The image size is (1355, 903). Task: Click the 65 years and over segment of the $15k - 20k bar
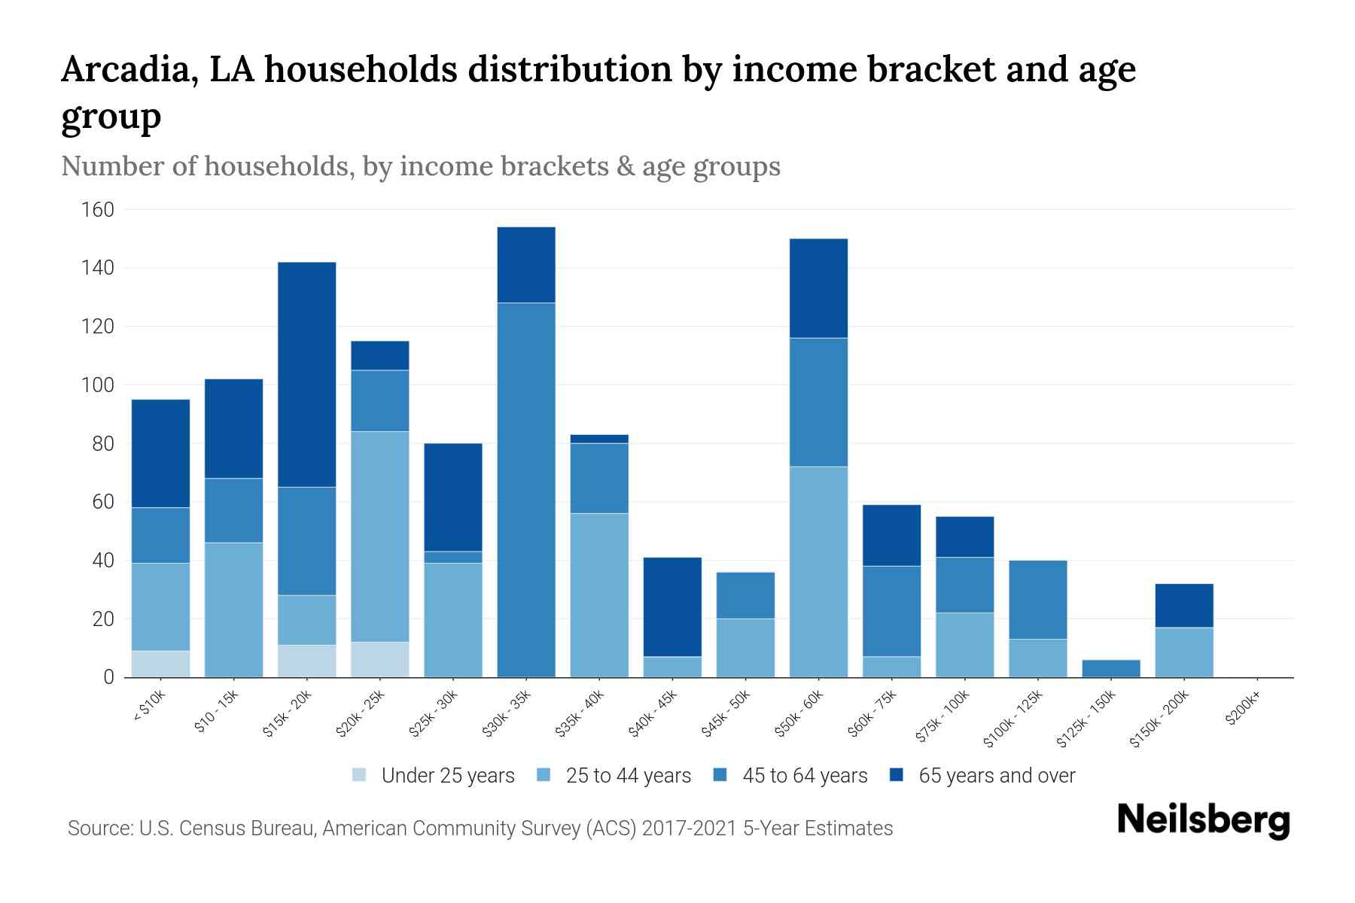point(307,374)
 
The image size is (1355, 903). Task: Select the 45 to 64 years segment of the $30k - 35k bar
point(526,489)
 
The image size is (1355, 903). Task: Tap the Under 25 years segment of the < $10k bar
point(160,664)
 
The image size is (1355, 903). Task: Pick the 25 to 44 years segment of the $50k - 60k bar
point(818,572)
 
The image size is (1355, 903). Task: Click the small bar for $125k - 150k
point(1110,668)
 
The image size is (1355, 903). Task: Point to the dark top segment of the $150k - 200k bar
point(1184,605)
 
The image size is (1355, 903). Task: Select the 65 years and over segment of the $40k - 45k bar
point(672,607)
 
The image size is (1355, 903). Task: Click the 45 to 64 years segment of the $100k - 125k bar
point(1038,600)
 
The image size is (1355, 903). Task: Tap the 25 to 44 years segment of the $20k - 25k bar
point(380,536)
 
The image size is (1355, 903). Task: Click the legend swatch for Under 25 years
point(360,775)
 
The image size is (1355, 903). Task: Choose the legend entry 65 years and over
point(996,775)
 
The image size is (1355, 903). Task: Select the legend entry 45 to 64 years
point(804,775)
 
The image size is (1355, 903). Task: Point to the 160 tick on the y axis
point(98,209)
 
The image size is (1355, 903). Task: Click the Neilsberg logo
point(1203,820)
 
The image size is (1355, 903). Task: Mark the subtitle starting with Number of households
point(420,166)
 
